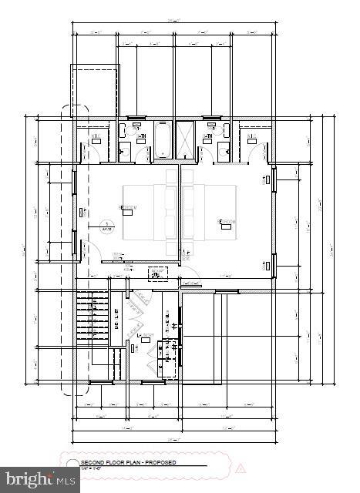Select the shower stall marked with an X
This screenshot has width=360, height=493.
(185, 140)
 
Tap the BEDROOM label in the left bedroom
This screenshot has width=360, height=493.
(128, 207)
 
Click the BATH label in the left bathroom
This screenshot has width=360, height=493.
(142, 137)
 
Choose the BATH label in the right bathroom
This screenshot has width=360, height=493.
(207, 137)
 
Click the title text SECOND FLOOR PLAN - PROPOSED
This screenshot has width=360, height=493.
(128, 462)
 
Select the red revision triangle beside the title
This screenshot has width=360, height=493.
(240, 467)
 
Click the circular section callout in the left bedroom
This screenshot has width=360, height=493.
(106, 226)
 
